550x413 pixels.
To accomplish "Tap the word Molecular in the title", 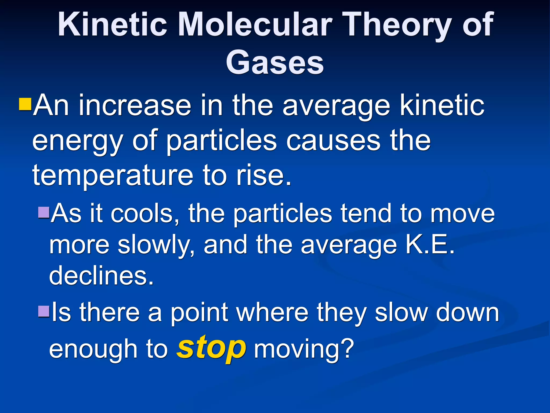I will coord(255,25).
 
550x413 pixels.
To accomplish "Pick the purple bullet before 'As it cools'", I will coord(44,212).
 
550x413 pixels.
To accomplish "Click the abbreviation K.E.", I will coord(430,244).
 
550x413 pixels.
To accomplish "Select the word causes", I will coord(333,141).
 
